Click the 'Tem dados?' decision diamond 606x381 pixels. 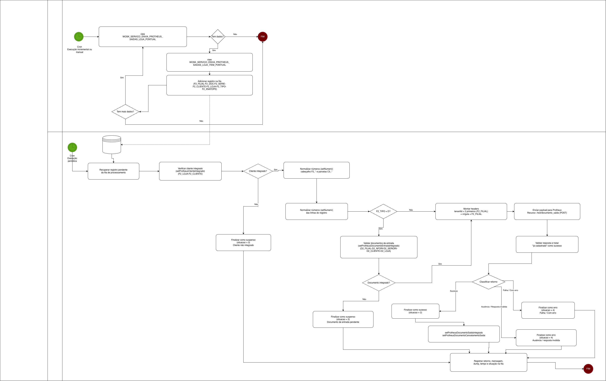pos(218,37)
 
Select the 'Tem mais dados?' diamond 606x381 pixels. pos(125,112)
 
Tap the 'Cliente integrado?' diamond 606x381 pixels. pos(258,171)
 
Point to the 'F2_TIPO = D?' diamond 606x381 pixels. pos(383,211)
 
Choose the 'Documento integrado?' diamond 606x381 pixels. pos(379,283)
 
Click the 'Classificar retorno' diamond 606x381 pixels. pos(489,282)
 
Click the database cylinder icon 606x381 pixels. pos(112,145)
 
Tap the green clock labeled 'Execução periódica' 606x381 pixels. pos(72,147)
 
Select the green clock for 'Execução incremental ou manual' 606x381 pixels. pos(79,37)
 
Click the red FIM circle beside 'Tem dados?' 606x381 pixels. pos(263,37)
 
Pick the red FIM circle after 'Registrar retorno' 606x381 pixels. pos(588,369)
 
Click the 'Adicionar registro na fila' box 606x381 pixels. pos(209,85)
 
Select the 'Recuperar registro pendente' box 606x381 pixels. pos(113,171)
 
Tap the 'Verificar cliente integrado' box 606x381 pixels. pos(190,171)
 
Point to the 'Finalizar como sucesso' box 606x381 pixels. pos(415,311)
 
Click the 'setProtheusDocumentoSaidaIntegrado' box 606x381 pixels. pos(464,334)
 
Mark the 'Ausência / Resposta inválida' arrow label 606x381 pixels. pos(494,307)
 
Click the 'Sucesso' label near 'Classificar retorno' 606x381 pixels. pos(454,291)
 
